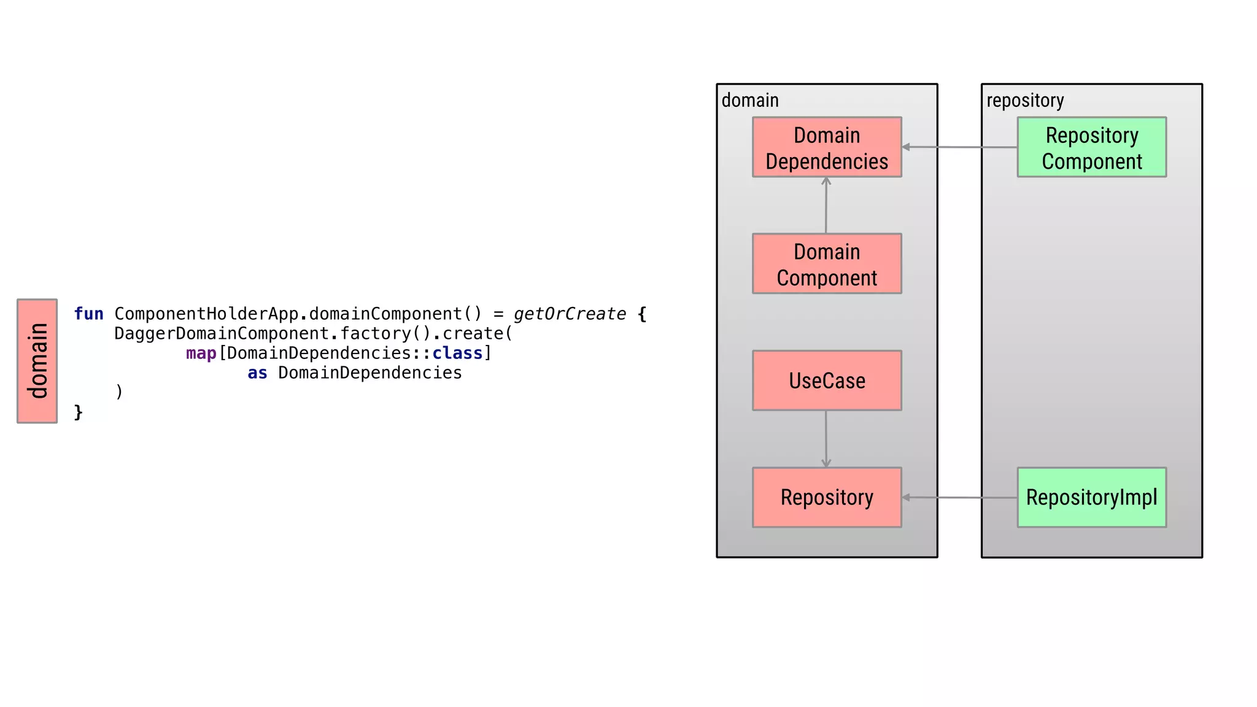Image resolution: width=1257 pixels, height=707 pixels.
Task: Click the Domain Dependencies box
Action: [827, 147]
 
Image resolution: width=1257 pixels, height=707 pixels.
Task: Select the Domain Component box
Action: [827, 264]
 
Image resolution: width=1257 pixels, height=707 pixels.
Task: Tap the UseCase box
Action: [827, 381]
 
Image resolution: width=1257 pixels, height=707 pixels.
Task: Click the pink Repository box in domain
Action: [827, 497]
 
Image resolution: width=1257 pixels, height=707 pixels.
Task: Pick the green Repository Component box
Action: [1091, 147]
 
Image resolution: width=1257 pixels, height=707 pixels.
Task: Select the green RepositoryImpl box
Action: [1091, 497]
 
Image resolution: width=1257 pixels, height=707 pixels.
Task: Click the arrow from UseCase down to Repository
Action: [826, 439]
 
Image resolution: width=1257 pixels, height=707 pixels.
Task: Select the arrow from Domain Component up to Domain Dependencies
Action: [826, 206]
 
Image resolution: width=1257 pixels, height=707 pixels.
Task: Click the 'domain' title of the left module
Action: [750, 100]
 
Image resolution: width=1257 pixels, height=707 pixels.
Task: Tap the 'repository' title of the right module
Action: [1025, 100]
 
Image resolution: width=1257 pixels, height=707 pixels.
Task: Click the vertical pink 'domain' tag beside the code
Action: [37, 361]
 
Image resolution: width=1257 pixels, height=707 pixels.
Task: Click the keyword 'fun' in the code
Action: [88, 314]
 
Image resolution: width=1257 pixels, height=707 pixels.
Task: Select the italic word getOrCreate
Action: [570, 314]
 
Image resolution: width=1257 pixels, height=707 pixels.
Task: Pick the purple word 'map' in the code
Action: [201, 353]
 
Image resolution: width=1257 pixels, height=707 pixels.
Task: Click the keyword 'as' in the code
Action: [257, 373]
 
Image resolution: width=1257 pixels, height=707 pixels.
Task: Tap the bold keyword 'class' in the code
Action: [457, 353]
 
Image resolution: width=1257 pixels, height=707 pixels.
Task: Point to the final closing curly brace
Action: [78, 412]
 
